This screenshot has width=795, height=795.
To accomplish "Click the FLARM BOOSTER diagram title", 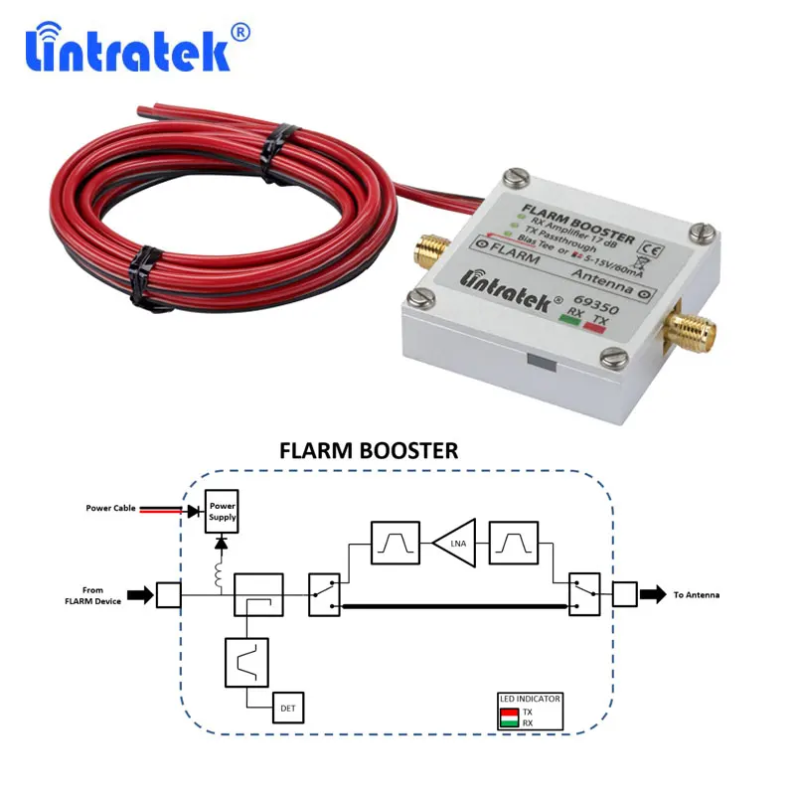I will coord(369,450).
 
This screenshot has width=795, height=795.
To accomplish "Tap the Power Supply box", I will coord(222,511).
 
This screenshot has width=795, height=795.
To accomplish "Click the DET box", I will coord(288,708).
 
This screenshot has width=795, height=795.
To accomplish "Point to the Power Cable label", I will coord(111,509).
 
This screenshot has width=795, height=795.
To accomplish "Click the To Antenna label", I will coord(696,594).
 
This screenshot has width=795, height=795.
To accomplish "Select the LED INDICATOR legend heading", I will coord(530,699).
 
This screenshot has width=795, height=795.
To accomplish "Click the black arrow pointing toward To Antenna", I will coord(654,594).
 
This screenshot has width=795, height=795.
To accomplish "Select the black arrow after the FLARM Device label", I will coord(140,595).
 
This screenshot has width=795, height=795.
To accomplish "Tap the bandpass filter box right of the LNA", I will coord(514,543).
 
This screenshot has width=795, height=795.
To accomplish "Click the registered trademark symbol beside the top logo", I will coord(240,32).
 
